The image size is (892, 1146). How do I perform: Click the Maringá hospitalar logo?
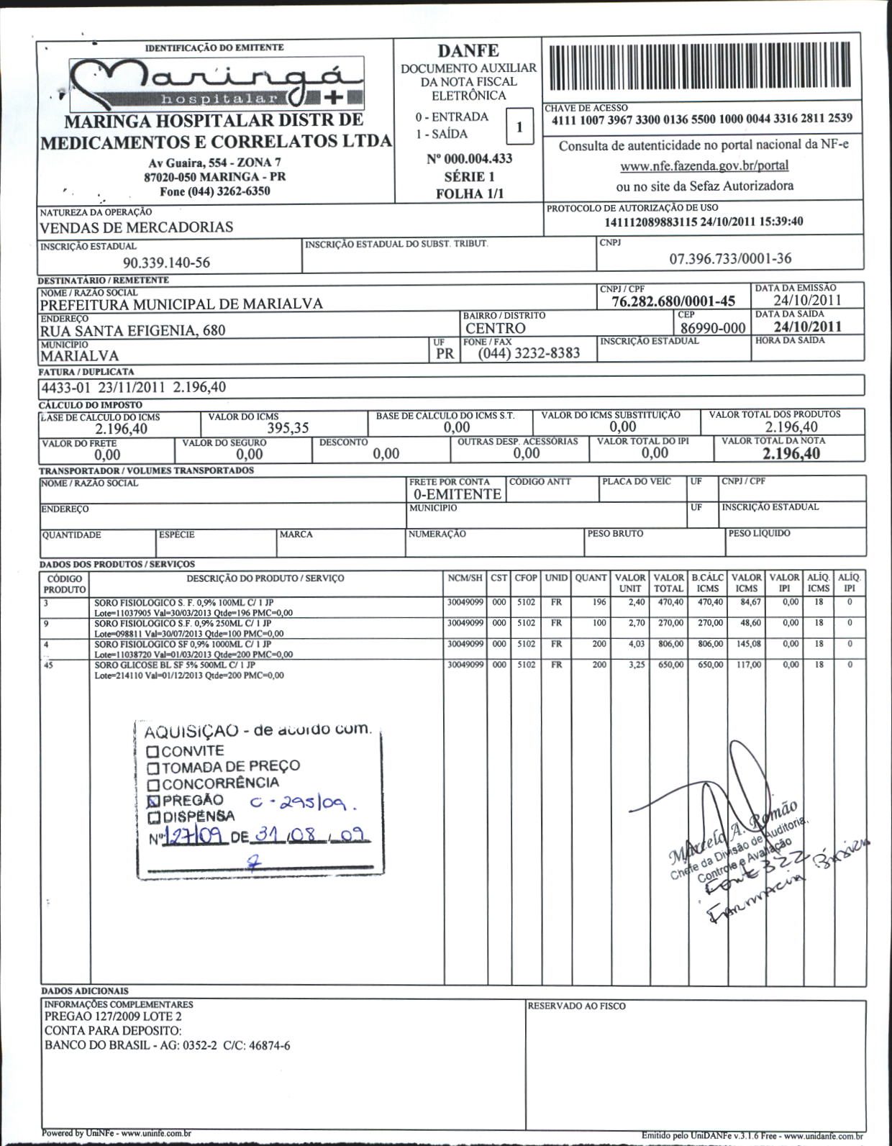216,83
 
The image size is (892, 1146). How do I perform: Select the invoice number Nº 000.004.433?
469,158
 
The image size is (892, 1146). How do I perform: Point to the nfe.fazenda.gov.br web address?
704,165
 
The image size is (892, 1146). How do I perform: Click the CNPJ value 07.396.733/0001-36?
730,258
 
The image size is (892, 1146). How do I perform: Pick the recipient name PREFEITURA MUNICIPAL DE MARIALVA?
181,304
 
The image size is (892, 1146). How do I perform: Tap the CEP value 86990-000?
713,328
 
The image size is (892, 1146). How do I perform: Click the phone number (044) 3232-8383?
529,353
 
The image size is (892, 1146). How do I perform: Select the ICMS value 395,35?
288,428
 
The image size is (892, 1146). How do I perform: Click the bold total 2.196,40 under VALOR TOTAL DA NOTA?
791,453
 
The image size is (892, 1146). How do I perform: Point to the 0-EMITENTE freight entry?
457,494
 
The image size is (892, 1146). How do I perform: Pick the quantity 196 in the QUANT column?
599,602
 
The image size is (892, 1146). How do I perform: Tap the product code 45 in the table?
48,665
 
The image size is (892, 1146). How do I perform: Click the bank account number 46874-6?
268,1045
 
